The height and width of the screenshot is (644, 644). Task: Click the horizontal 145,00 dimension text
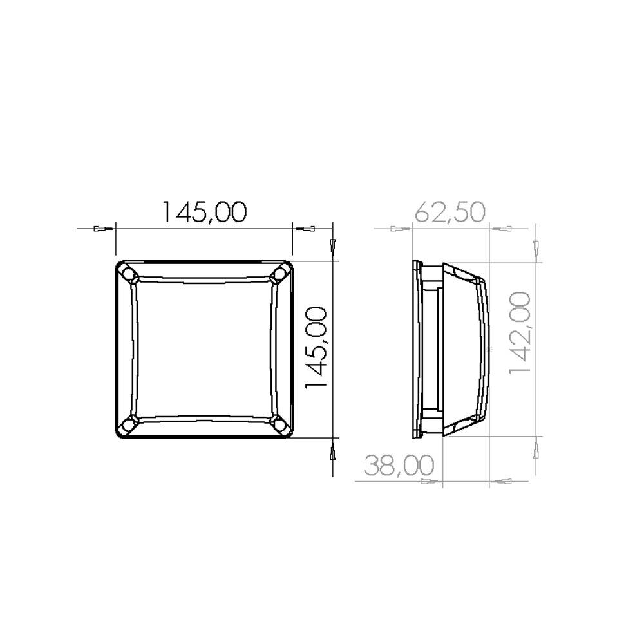205,212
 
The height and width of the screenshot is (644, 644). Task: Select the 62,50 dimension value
450,212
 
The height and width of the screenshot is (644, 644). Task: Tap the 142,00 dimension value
520,333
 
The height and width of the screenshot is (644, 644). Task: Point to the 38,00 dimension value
399,465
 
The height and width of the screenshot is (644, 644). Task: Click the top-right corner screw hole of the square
281,272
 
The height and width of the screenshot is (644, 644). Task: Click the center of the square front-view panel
204,350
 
